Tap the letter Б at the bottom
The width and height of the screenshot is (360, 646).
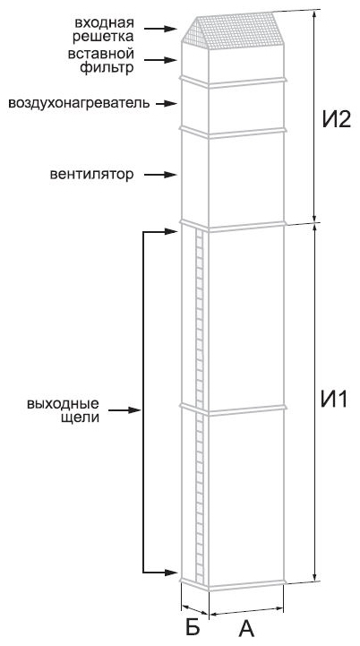tap(193, 627)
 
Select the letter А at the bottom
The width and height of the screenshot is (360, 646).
tap(246, 628)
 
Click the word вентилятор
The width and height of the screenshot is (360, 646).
tap(92, 175)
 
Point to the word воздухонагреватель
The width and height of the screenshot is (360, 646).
tap(79, 102)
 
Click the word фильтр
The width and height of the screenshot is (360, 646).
tap(107, 67)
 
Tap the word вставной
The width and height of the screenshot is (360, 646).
tap(102, 54)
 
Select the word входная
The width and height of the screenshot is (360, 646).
tap(105, 22)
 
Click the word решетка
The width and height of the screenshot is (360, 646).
tap(104, 36)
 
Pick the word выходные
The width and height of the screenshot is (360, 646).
tap(63, 402)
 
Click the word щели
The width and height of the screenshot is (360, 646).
tap(81, 418)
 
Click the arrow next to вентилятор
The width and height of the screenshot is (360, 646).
tap(160, 175)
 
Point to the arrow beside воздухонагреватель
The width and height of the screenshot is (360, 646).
tap(167, 103)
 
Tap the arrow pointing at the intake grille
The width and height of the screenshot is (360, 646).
tap(160, 29)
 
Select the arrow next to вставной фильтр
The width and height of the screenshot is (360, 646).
tap(160, 60)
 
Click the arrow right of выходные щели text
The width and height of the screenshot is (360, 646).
tap(125, 410)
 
